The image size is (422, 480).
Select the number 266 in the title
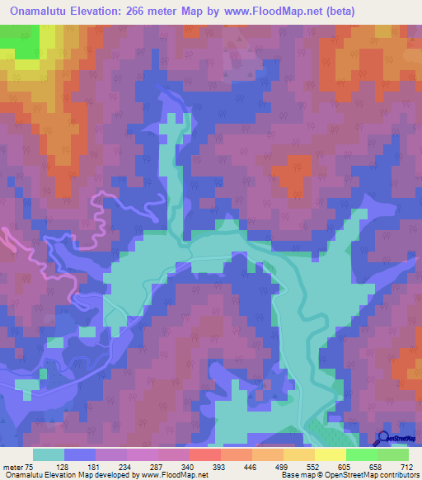coord(146,12)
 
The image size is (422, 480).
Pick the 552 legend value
coord(328,466)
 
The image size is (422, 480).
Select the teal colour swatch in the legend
coord(49,454)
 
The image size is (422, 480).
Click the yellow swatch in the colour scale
coord(330,454)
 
